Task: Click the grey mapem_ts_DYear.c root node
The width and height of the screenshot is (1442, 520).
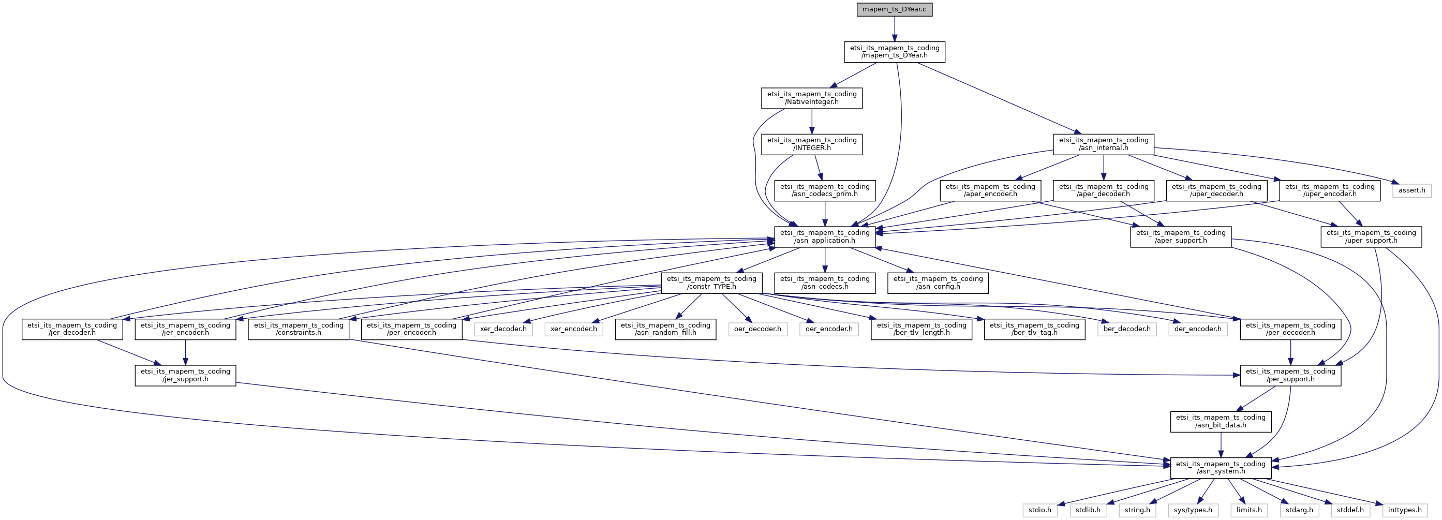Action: (x=894, y=9)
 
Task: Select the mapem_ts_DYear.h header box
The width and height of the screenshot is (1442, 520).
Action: (x=895, y=52)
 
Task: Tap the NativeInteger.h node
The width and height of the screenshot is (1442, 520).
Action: (x=812, y=98)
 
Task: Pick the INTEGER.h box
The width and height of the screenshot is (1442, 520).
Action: (x=812, y=144)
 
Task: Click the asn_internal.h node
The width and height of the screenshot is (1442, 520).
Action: (x=1103, y=144)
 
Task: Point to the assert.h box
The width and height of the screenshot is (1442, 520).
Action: (x=1412, y=190)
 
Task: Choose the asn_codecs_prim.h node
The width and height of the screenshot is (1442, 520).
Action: (x=825, y=190)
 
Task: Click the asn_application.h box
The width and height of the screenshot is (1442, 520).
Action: (x=825, y=237)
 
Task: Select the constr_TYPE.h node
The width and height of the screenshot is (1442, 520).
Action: (x=711, y=283)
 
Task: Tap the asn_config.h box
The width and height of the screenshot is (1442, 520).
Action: (x=938, y=283)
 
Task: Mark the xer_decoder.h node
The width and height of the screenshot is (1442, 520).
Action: (x=503, y=329)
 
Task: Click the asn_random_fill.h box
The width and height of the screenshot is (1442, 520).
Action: (x=665, y=329)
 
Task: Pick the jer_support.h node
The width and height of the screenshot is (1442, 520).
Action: (x=185, y=376)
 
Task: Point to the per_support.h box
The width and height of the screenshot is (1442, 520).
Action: (x=1290, y=376)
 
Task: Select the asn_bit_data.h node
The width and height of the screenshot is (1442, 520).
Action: (x=1221, y=422)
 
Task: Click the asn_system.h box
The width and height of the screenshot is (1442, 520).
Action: (x=1221, y=468)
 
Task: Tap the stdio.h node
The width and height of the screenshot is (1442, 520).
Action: (x=1039, y=510)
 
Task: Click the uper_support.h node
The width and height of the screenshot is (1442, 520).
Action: (x=1371, y=237)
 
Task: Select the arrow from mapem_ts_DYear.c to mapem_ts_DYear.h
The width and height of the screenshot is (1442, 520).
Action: (x=894, y=29)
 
